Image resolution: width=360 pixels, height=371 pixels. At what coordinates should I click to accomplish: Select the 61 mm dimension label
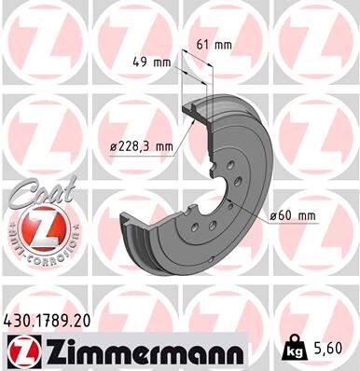216,43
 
